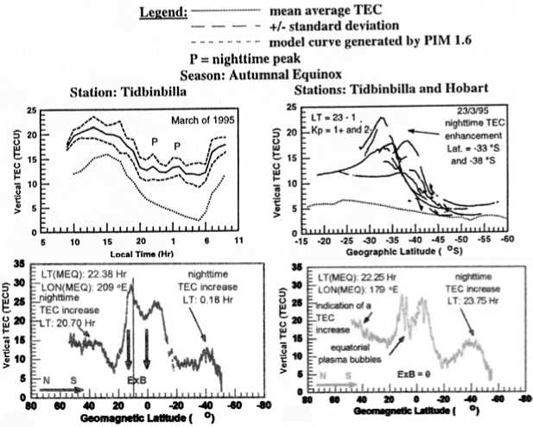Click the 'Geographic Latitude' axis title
tap(406, 254)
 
